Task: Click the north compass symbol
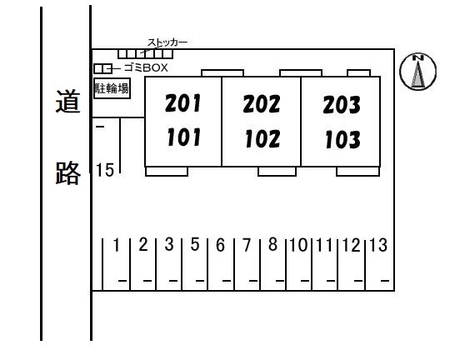coord(417,72)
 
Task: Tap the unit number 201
coord(182,103)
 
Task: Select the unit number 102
coord(262,138)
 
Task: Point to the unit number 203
coord(342,104)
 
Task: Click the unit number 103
coord(342,139)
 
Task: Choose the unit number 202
coord(262,104)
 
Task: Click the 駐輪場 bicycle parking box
coord(112,88)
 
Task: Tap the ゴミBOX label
coord(146,67)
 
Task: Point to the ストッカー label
coord(167,42)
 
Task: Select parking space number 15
coord(105,170)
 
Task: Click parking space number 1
coord(117,245)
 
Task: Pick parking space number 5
coord(195,244)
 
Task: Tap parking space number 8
coord(272,244)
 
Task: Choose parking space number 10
coord(298,245)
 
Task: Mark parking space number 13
coord(378,245)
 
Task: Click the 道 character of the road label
coord(67,101)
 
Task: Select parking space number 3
coord(169,244)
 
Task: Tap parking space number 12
coord(352,245)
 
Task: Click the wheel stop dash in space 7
coord(253,281)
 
